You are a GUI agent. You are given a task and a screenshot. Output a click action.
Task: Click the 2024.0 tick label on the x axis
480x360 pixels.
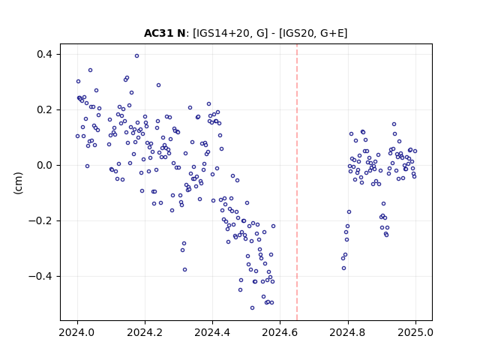(x=77, y=332)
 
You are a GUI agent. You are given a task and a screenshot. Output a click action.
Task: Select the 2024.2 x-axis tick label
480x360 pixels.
(x=145, y=332)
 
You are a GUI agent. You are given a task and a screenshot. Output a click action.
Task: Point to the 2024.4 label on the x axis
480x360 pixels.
(x=212, y=332)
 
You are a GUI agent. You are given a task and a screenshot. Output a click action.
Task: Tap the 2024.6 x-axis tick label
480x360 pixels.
(x=280, y=332)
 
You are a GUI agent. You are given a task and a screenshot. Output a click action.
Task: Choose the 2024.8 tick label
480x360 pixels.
(x=348, y=332)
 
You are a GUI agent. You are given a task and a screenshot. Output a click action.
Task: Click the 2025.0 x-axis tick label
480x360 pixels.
(x=415, y=332)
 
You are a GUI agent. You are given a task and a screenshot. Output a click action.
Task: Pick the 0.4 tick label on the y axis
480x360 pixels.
(x=45, y=55)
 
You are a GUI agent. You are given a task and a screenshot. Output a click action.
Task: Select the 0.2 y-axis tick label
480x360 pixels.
(x=45, y=110)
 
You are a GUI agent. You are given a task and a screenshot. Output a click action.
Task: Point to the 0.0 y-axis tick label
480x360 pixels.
(x=45, y=165)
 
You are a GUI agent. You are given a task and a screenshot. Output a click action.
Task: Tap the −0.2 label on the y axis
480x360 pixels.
(x=40, y=220)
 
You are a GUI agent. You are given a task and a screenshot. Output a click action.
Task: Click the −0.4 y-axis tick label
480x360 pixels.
(x=40, y=276)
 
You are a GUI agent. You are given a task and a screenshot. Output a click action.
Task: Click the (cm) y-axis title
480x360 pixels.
(x=18, y=183)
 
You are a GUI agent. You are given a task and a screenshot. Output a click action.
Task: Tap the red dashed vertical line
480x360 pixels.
(x=297, y=182)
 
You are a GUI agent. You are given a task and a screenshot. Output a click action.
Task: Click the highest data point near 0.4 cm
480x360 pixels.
(x=136, y=56)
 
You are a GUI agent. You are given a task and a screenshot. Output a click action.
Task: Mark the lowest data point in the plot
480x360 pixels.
(x=252, y=307)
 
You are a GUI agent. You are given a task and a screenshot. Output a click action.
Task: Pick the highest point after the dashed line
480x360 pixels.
(x=394, y=124)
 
